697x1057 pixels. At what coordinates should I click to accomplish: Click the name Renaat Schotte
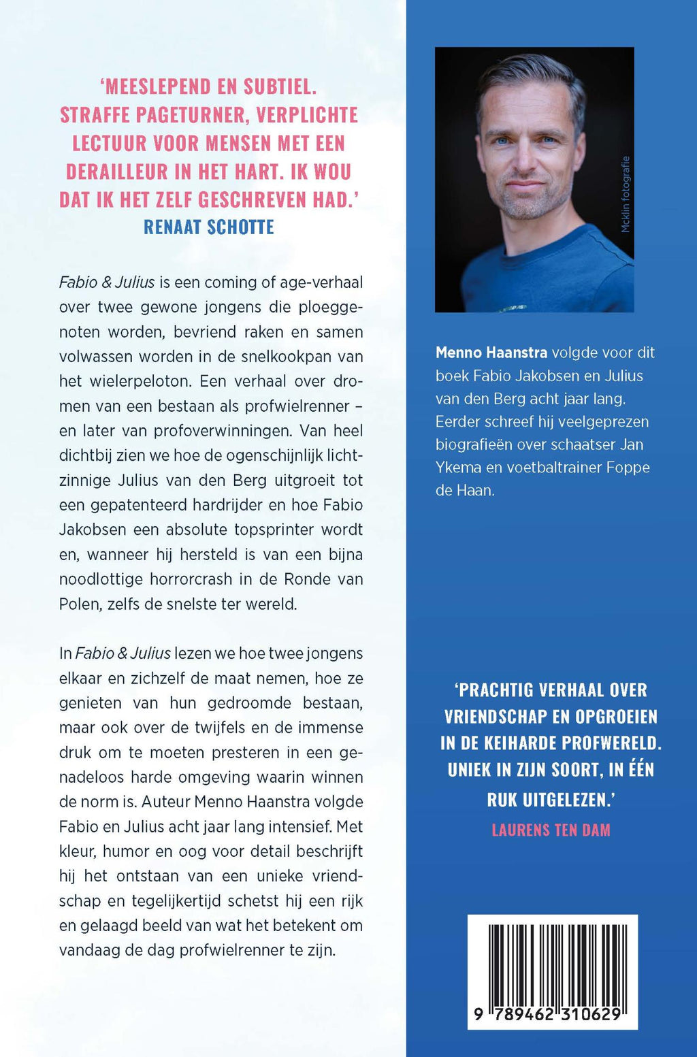208,227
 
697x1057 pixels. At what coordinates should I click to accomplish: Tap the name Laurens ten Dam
551,830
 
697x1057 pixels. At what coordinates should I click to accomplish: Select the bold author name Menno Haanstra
491,353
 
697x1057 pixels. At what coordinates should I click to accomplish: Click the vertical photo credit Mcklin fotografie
626,195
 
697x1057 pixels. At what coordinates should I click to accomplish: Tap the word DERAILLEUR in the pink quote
127,172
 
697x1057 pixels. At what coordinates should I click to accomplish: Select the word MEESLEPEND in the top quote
157,86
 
